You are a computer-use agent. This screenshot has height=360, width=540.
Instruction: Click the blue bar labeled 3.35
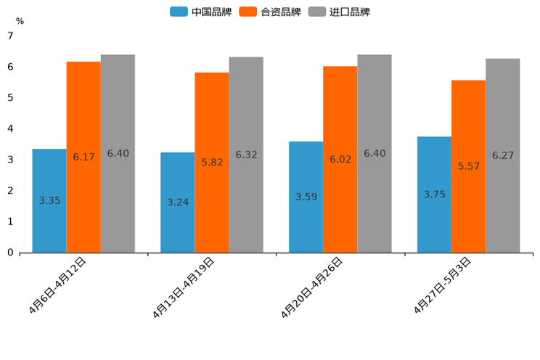(x=49, y=200)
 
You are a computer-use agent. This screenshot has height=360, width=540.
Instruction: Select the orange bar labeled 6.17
(x=83, y=157)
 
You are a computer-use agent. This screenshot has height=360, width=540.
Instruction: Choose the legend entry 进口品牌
(x=339, y=12)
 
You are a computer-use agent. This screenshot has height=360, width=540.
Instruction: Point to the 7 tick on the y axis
(x=10, y=36)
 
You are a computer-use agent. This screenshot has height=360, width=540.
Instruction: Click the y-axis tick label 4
(x=10, y=128)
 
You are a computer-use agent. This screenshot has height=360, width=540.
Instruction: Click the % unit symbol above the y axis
(x=20, y=21)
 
